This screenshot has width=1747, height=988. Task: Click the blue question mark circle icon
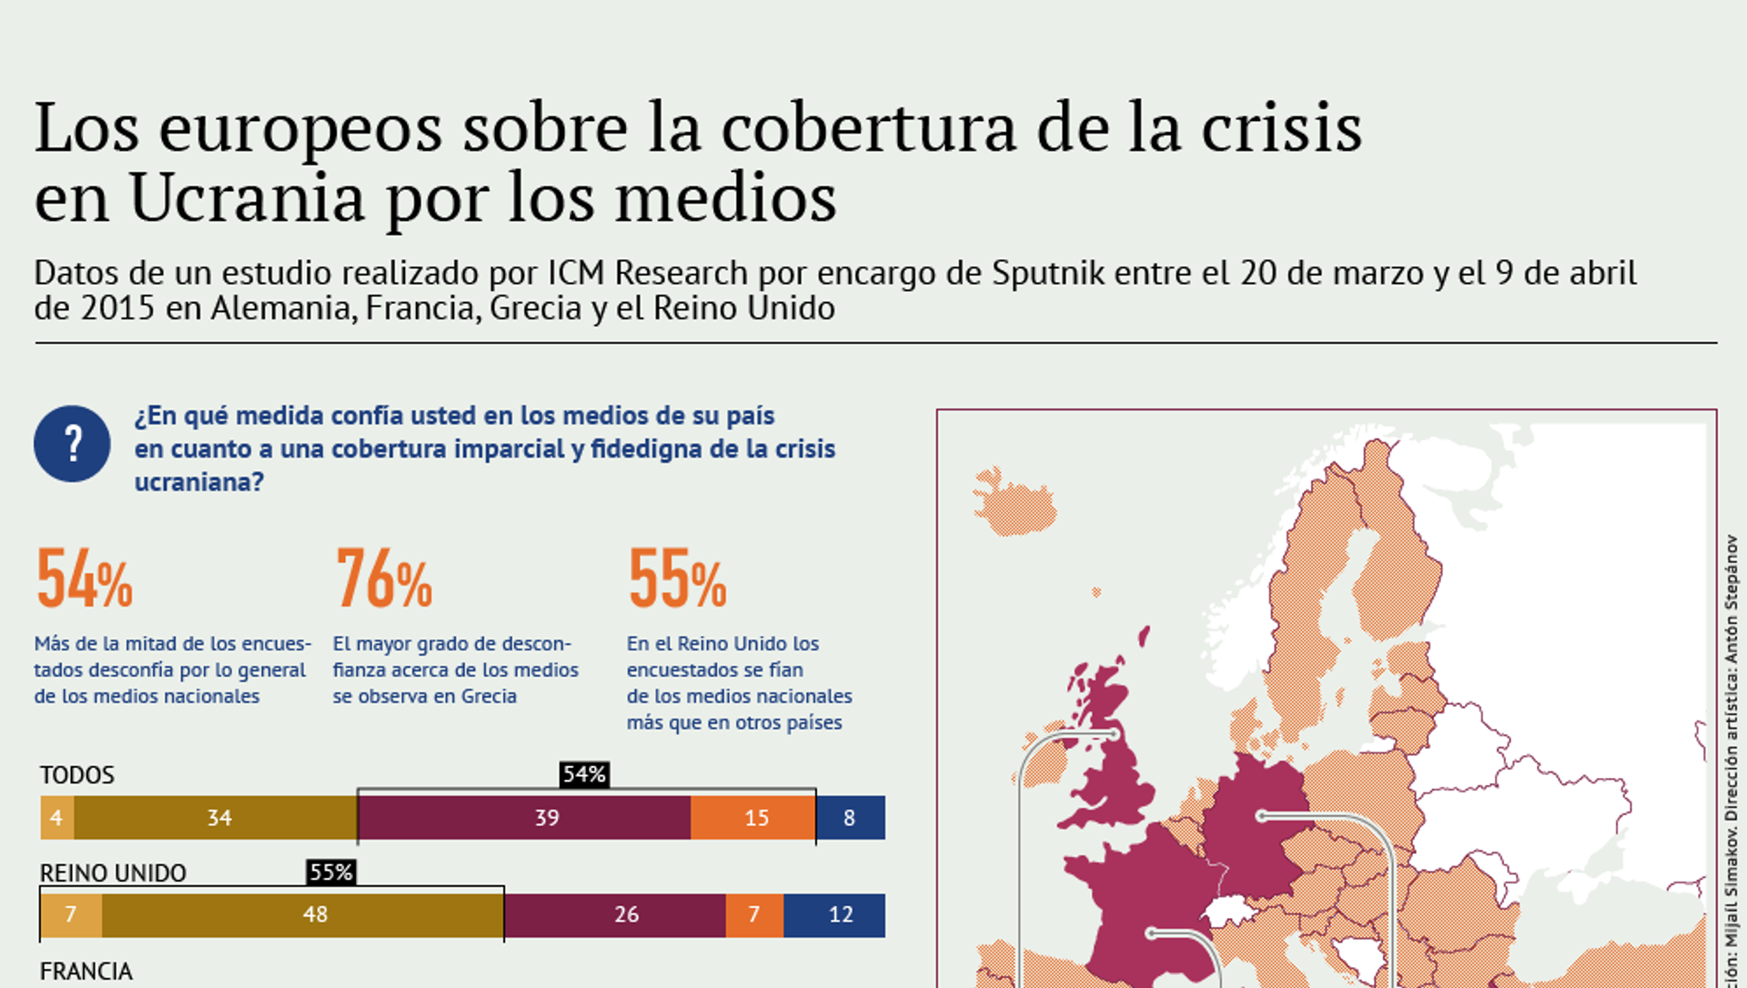[x=72, y=444]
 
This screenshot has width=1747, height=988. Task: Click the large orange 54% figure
[x=85, y=579]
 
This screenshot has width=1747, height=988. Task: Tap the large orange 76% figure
[x=384, y=579]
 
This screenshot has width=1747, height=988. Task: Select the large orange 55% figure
[x=678, y=579]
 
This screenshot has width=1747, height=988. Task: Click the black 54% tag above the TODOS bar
[x=584, y=774]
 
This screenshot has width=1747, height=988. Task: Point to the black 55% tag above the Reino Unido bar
[x=331, y=872]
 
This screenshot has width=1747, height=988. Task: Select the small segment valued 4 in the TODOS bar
[x=57, y=818]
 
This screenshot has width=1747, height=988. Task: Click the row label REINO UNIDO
[x=113, y=873]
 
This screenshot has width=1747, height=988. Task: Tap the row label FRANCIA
[x=86, y=972]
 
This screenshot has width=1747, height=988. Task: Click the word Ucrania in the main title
[x=247, y=198]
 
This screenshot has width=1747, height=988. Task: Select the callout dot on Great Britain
[x=1114, y=734]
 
